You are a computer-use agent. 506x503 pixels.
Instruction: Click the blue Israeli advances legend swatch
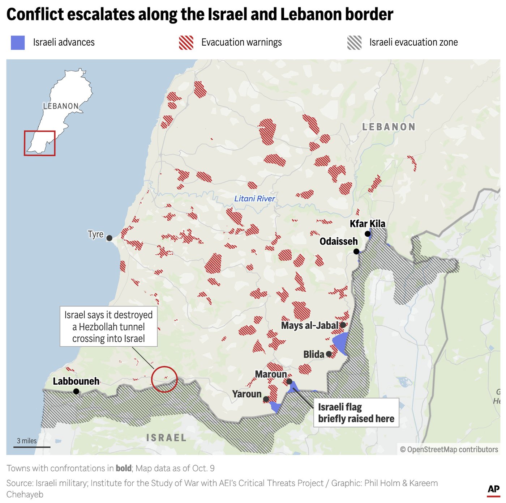tap(18, 43)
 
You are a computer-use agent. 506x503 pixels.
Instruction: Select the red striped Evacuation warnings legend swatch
tap(186, 43)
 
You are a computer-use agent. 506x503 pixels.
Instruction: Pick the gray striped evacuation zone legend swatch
tap(354, 43)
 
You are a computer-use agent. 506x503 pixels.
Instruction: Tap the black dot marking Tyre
tap(109, 238)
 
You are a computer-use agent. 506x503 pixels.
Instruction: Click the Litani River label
tap(254, 199)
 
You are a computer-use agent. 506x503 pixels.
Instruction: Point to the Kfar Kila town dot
tap(368, 234)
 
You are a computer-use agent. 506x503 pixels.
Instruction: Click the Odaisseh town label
tap(338, 241)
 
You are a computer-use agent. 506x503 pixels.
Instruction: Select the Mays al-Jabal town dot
tap(343, 325)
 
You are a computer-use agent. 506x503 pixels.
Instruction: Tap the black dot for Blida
tap(329, 354)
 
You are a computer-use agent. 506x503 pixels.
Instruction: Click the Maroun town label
tap(271, 374)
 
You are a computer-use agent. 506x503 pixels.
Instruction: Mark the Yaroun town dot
tap(266, 399)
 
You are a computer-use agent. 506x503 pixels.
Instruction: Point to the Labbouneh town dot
tap(76, 391)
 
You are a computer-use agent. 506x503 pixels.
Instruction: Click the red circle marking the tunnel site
tap(164, 379)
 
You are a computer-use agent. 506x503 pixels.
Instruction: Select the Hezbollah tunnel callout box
tap(108, 327)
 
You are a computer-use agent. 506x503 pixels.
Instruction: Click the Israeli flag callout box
tap(356, 413)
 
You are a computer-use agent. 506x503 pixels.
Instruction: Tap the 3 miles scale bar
tap(32, 447)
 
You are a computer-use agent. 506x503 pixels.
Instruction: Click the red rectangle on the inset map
tap(40, 143)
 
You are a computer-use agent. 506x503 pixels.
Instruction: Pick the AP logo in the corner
tap(493, 489)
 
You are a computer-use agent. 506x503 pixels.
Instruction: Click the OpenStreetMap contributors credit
tap(449, 449)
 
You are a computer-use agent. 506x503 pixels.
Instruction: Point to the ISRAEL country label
tap(166, 438)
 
